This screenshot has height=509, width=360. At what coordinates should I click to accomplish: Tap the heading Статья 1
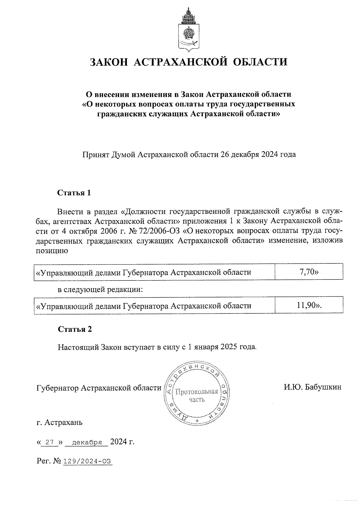(74, 193)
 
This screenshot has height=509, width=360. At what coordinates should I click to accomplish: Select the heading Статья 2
(75, 329)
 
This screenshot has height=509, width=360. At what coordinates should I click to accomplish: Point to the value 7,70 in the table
(309, 272)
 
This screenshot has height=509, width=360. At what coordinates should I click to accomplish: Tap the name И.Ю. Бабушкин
(313, 387)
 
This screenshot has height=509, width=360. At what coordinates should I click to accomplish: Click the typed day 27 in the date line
(49, 442)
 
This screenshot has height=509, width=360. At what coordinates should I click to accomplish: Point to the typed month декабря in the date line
(85, 442)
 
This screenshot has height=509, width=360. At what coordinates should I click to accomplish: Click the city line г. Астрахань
(59, 423)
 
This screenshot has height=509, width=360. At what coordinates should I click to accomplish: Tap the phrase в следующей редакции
(100, 289)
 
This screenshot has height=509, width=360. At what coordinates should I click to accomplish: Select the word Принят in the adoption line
(95, 154)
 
